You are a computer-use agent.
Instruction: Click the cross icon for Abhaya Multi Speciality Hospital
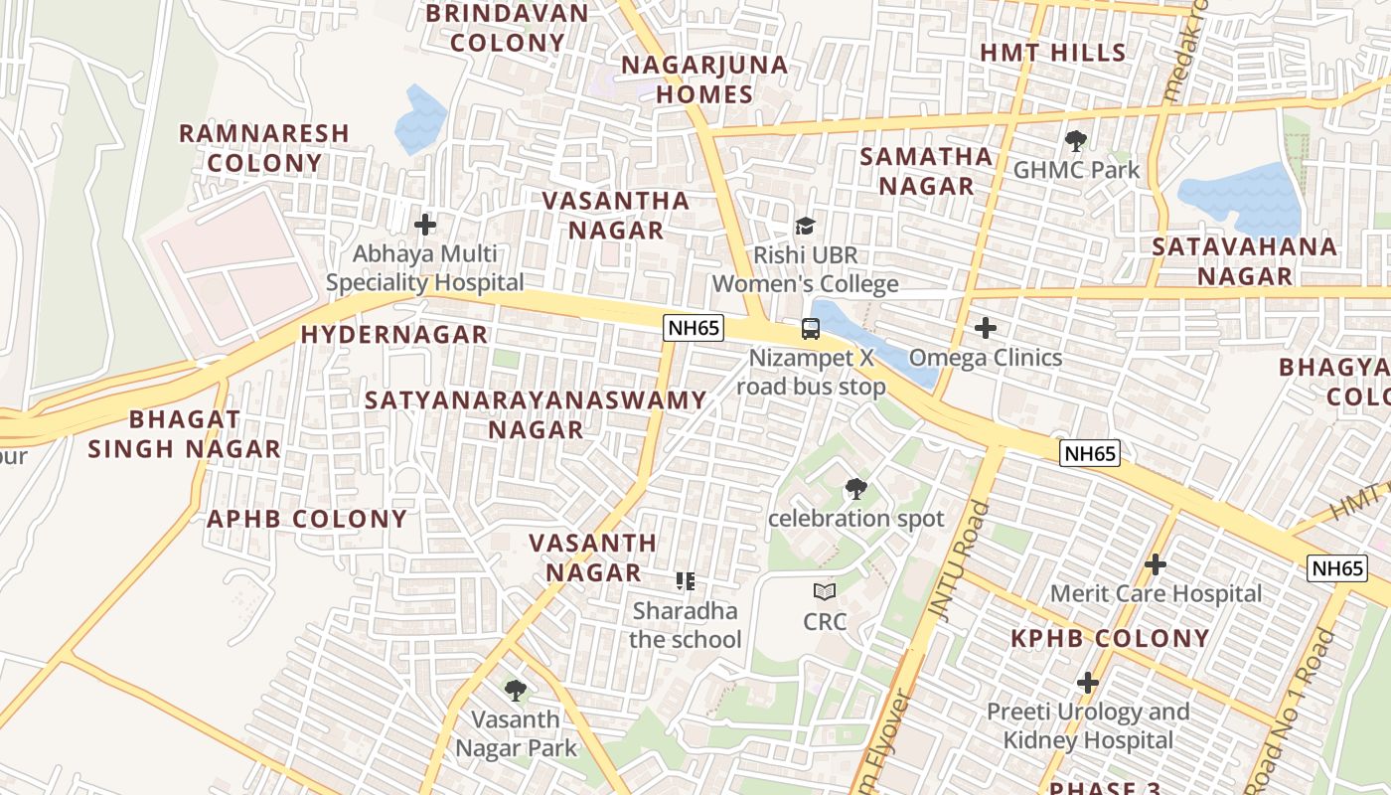[425, 225]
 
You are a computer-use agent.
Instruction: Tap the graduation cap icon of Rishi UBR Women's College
[805, 226]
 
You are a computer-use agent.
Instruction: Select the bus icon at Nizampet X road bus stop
[811, 328]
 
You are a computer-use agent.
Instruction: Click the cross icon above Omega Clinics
[986, 328]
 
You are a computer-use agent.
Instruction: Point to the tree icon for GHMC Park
[1075, 141]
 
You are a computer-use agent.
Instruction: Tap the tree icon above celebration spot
[855, 489]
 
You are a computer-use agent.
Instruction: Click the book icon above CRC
[825, 592]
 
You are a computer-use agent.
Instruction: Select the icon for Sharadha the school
[685, 580]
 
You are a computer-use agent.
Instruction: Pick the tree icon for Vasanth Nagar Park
[515, 690]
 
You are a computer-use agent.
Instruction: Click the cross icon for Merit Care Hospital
[1155, 564]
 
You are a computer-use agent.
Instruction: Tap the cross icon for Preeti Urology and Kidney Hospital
[1088, 683]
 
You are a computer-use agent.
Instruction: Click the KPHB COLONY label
[1110, 639]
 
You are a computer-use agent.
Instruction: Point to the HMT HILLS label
[1053, 53]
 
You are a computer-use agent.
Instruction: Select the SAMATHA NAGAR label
[926, 171]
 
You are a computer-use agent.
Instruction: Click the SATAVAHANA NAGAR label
[1245, 261]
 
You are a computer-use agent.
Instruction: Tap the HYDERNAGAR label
[394, 335]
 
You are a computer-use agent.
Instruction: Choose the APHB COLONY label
[307, 519]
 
